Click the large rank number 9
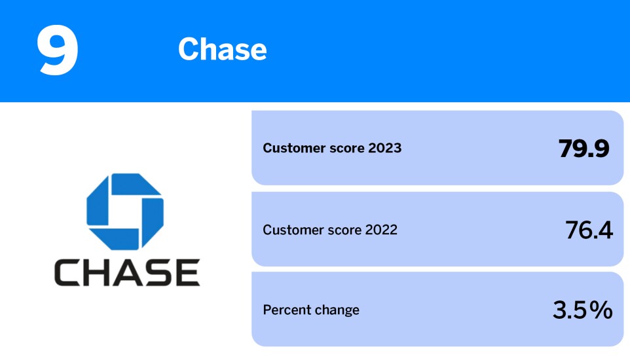tap(58, 50)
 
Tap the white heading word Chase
tap(222, 50)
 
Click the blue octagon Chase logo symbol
tap(125, 211)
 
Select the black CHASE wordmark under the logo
tap(127, 273)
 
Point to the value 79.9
tap(584, 149)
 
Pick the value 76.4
tap(589, 230)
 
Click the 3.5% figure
tap(582, 310)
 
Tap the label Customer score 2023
tap(332, 148)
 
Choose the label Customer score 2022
tap(330, 230)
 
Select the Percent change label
tap(311, 310)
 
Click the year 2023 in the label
tap(384, 148)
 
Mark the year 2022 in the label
tap(380, 230)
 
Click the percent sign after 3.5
tap(601, 310)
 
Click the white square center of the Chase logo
tap(125, 211)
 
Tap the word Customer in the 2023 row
tap(291, 148)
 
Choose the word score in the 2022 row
tap(341, 230)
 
